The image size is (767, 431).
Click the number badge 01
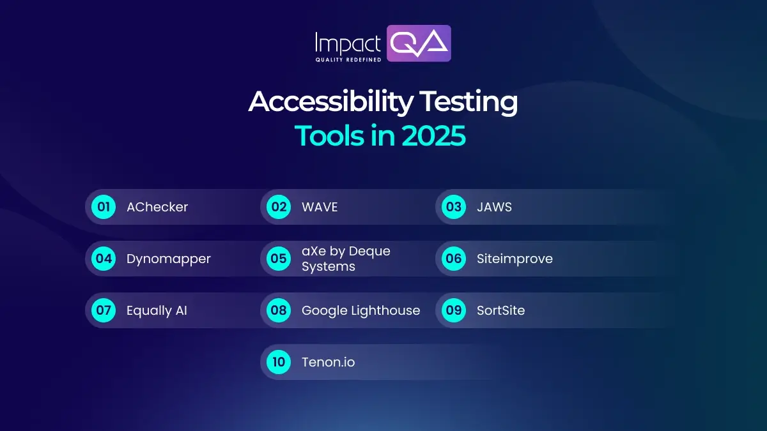pos(104,207)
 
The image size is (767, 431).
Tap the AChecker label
pos(157,207)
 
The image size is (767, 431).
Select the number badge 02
pos(279,207)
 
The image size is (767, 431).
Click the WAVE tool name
pos(320,207)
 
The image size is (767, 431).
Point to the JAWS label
pos(494,207)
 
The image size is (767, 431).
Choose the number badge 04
pos(104,259)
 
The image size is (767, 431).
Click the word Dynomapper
pos(169,259)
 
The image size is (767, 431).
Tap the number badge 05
pos(279,259)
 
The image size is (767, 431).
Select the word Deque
pos(369,251)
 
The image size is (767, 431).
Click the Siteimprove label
pos(515,259)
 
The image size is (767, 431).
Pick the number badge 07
pos(104,311)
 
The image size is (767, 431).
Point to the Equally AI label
pos(157,311)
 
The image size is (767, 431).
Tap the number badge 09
pos(454,311)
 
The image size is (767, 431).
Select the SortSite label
pos(500,311)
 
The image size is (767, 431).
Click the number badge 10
pos(279,363)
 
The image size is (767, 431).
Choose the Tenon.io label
pos(328,363)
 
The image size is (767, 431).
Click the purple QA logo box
pos(419,43)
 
